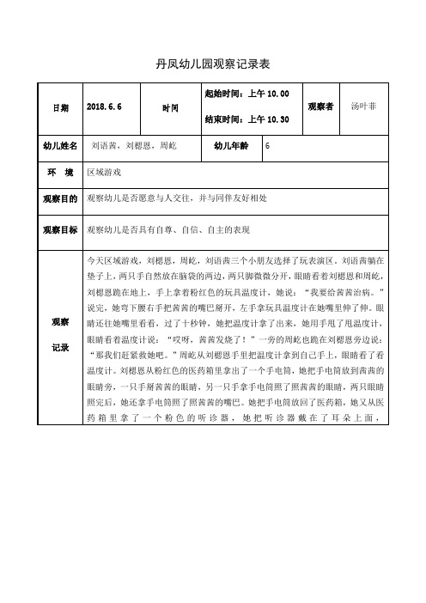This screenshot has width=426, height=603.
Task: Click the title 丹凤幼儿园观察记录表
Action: click(x=212, y=64)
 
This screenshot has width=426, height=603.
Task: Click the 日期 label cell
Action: click(x=60, y=108)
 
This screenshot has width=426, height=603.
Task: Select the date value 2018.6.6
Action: click(x=106, y=108)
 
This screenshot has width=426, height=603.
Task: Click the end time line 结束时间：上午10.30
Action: click(x=246, y=121)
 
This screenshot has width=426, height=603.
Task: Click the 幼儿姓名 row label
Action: click(x=60, y=147)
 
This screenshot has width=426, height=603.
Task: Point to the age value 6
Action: click(x=269, y=147)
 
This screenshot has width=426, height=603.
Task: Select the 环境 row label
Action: click(x=60, y=172)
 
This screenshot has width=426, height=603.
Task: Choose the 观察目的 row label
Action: click(x=60, y=198)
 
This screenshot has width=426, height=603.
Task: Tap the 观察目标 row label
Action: click(x=60, y=229)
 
